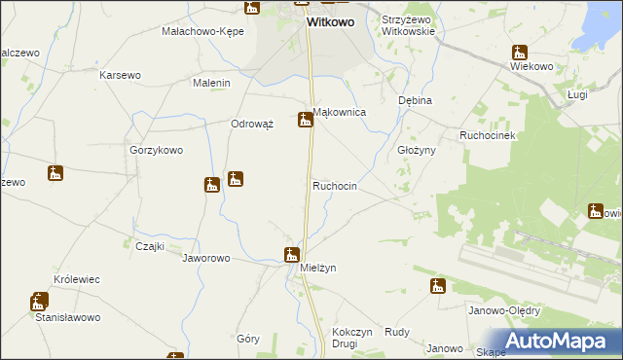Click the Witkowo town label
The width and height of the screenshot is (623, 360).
(x=330, y=20)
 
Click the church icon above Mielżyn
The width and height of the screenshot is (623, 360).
(x=291, y=255)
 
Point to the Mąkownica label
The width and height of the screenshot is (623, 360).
(x=339, y=113)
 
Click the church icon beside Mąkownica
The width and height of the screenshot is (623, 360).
(x=306, y=120)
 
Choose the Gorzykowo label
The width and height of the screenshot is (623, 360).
(x=157, y=151)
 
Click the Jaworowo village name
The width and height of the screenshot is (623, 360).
(x=205, y=259)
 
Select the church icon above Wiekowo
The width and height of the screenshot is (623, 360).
(x=519, y=53)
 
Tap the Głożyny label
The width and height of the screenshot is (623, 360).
(x=416, y=151)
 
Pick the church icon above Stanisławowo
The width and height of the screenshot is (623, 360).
(x=39, y=302)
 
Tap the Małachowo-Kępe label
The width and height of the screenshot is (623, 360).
(x=202, y=31)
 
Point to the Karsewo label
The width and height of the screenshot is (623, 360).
(x=121, y=75)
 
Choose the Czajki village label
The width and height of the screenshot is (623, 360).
(x=149, y=246)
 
